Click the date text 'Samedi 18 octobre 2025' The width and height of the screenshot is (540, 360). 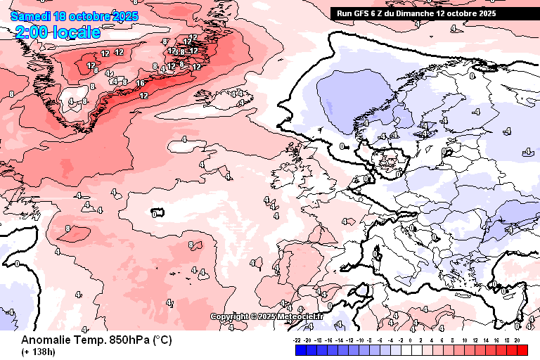74,15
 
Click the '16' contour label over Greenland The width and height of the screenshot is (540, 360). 141,84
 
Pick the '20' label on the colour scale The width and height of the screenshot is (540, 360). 517,340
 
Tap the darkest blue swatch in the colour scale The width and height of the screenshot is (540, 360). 301,349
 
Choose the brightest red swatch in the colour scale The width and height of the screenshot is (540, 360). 522,349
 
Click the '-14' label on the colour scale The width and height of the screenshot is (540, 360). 338,340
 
